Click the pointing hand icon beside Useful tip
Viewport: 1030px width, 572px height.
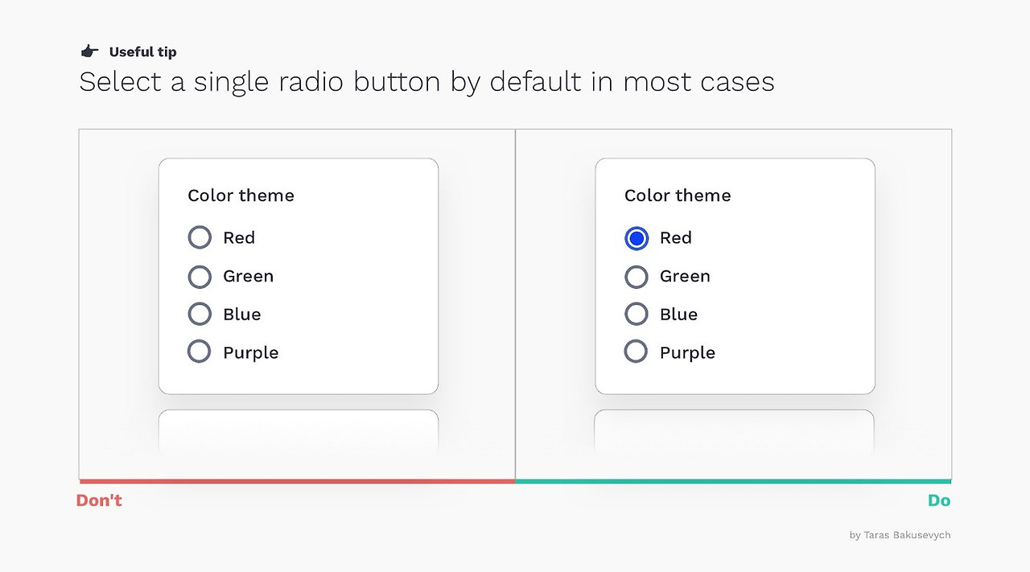point(89,51)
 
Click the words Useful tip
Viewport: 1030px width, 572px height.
point(142,52)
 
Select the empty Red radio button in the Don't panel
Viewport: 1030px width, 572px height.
point(200,237)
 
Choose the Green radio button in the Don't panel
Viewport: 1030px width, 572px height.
point(200,276)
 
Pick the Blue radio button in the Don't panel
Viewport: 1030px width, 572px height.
point(200,314)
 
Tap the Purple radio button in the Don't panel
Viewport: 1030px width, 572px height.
point(200,352)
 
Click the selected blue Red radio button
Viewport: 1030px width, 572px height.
point(637,237)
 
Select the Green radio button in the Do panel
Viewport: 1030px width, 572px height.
point(637,276)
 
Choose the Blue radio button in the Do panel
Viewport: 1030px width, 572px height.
point(637,314)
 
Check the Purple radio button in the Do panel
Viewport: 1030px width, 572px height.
point(637,352)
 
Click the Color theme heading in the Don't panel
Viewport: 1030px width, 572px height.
point(241,195)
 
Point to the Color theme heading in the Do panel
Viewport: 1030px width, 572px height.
point(678,195)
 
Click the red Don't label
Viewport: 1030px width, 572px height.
point(99,500)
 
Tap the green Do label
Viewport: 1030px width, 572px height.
point(939,500)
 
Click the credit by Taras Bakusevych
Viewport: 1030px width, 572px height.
point(900,535)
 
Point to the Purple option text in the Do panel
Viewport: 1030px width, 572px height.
point(687,352)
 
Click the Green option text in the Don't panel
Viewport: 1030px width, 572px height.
point(248,276)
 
